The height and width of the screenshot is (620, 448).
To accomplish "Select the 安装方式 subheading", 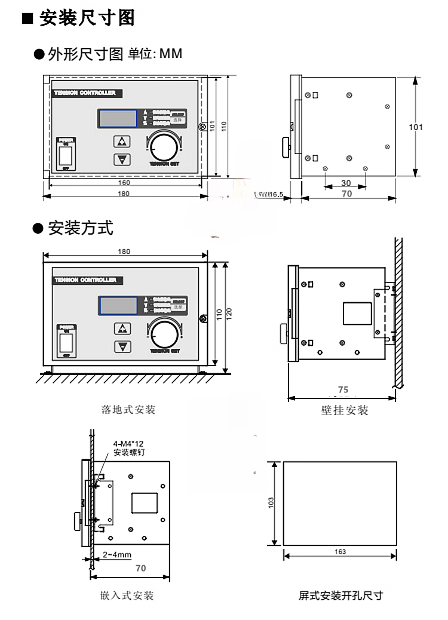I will pos(80,228).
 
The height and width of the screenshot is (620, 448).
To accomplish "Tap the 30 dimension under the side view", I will pos(346,183).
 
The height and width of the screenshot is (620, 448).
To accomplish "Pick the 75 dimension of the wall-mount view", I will pos(342,389).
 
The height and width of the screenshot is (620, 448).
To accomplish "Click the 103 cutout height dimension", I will pos(272,503).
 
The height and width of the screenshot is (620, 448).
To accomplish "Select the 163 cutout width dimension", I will pos(340,552).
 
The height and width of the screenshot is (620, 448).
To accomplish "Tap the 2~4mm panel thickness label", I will pos(116,555).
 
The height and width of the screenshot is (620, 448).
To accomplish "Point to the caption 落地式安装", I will pos(129,410).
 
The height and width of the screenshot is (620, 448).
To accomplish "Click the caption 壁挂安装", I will pos(345,410).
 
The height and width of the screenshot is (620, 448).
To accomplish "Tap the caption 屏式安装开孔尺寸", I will pos(340,596).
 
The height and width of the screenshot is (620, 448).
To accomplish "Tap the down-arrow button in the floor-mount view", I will pos(122,346).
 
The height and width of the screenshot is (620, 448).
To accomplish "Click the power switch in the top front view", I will pos(66,156).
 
